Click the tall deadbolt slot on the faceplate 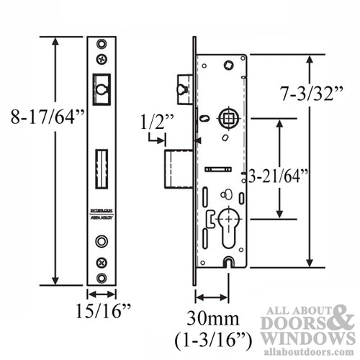pyautogui.click(x=101, y=168)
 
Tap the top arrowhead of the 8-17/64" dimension pyautogui.click(x=55, y=40)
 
